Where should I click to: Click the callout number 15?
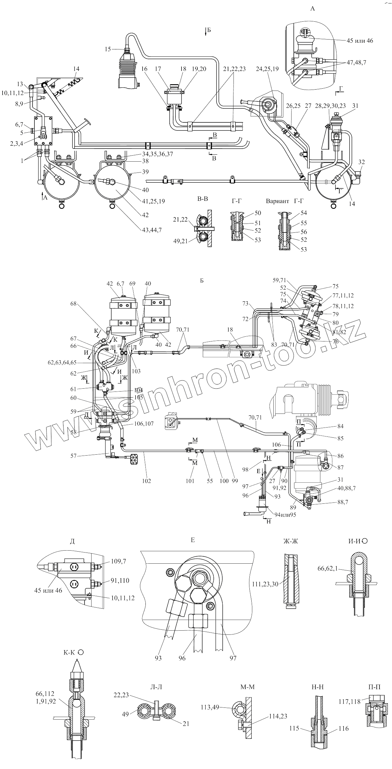[x=107, y=49]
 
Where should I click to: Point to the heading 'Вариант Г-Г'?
[x=285, y=201]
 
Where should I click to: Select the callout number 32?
[x=361, y=162]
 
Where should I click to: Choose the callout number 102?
[x=147, y=481]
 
